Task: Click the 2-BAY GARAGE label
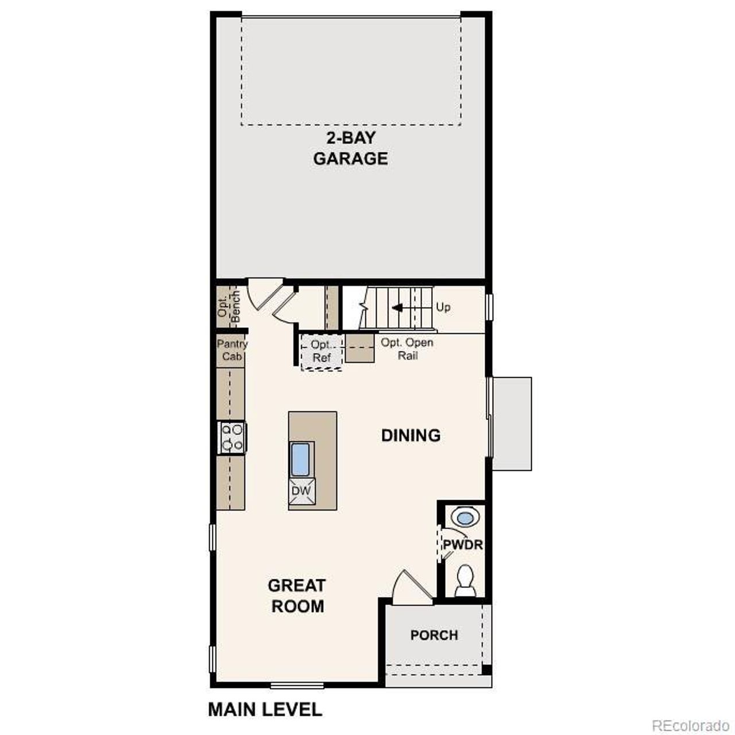click(350, 148)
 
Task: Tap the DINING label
click(411, 435)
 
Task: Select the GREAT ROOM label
click(297, 595)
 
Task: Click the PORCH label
click(434, 635)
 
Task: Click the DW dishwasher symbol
click(301, 491)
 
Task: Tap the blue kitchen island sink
click(301, 459)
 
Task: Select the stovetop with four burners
click(232, 437)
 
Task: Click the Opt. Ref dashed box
click(322, 351)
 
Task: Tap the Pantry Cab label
click(232, 350)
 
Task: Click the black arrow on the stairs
click(397, 308)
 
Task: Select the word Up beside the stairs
click(443, 307)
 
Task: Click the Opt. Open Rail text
click(407, 349)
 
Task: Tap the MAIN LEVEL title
click(265, 709)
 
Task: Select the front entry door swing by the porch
click(411, 587)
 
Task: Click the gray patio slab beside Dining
click(512, 423)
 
